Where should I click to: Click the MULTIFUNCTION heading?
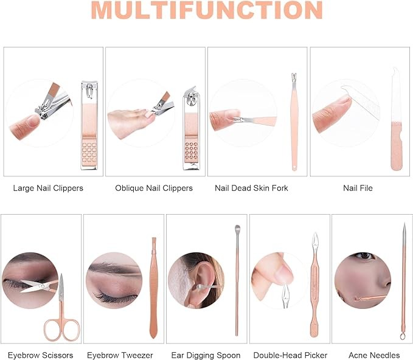click(x=207, y=10)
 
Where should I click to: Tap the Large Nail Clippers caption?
click(x=48, y=188)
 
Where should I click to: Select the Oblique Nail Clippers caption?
click(x=154, y=188)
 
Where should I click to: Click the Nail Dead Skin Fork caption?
click(x=251, y=188)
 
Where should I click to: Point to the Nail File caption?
click(x=358, y=188)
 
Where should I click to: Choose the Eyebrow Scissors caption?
click(x=41, y=355)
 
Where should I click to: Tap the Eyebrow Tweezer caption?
click(x=120, y=355)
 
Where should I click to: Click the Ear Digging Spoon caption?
click(x=206, y=355)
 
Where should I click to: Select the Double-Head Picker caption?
click(x=290, y=355)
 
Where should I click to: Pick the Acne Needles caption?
click(x=374, y=355)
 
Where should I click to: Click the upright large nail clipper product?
click(x=89, y=125)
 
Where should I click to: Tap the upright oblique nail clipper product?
click(x=191, y=128)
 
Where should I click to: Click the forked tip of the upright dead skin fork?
click(x=294, y=77)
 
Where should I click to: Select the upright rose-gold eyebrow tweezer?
click(x=153, y=288)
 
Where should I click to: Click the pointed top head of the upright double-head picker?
click(x=315, y=240)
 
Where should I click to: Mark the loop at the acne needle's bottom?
click(x=403, y=336)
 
